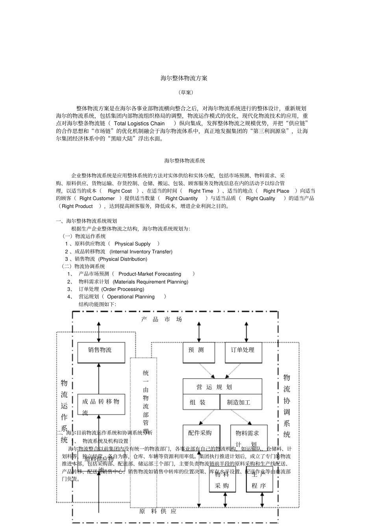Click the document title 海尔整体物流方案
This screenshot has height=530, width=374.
[184, 78]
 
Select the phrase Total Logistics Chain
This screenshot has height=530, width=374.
[139, 123]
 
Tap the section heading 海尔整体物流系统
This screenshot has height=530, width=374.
[185, 161]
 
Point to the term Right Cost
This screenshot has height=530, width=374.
[120, 191]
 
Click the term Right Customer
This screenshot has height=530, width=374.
[97, 198]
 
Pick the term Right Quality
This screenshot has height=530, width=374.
[260, 198]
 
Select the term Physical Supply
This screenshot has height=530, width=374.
[132, 244]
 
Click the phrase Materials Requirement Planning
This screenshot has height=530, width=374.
[150, 282]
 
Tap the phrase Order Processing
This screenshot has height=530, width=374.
[123, 289]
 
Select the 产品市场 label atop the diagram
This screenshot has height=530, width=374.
[161, 320]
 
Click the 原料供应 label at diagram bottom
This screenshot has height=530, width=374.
[158, 511]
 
